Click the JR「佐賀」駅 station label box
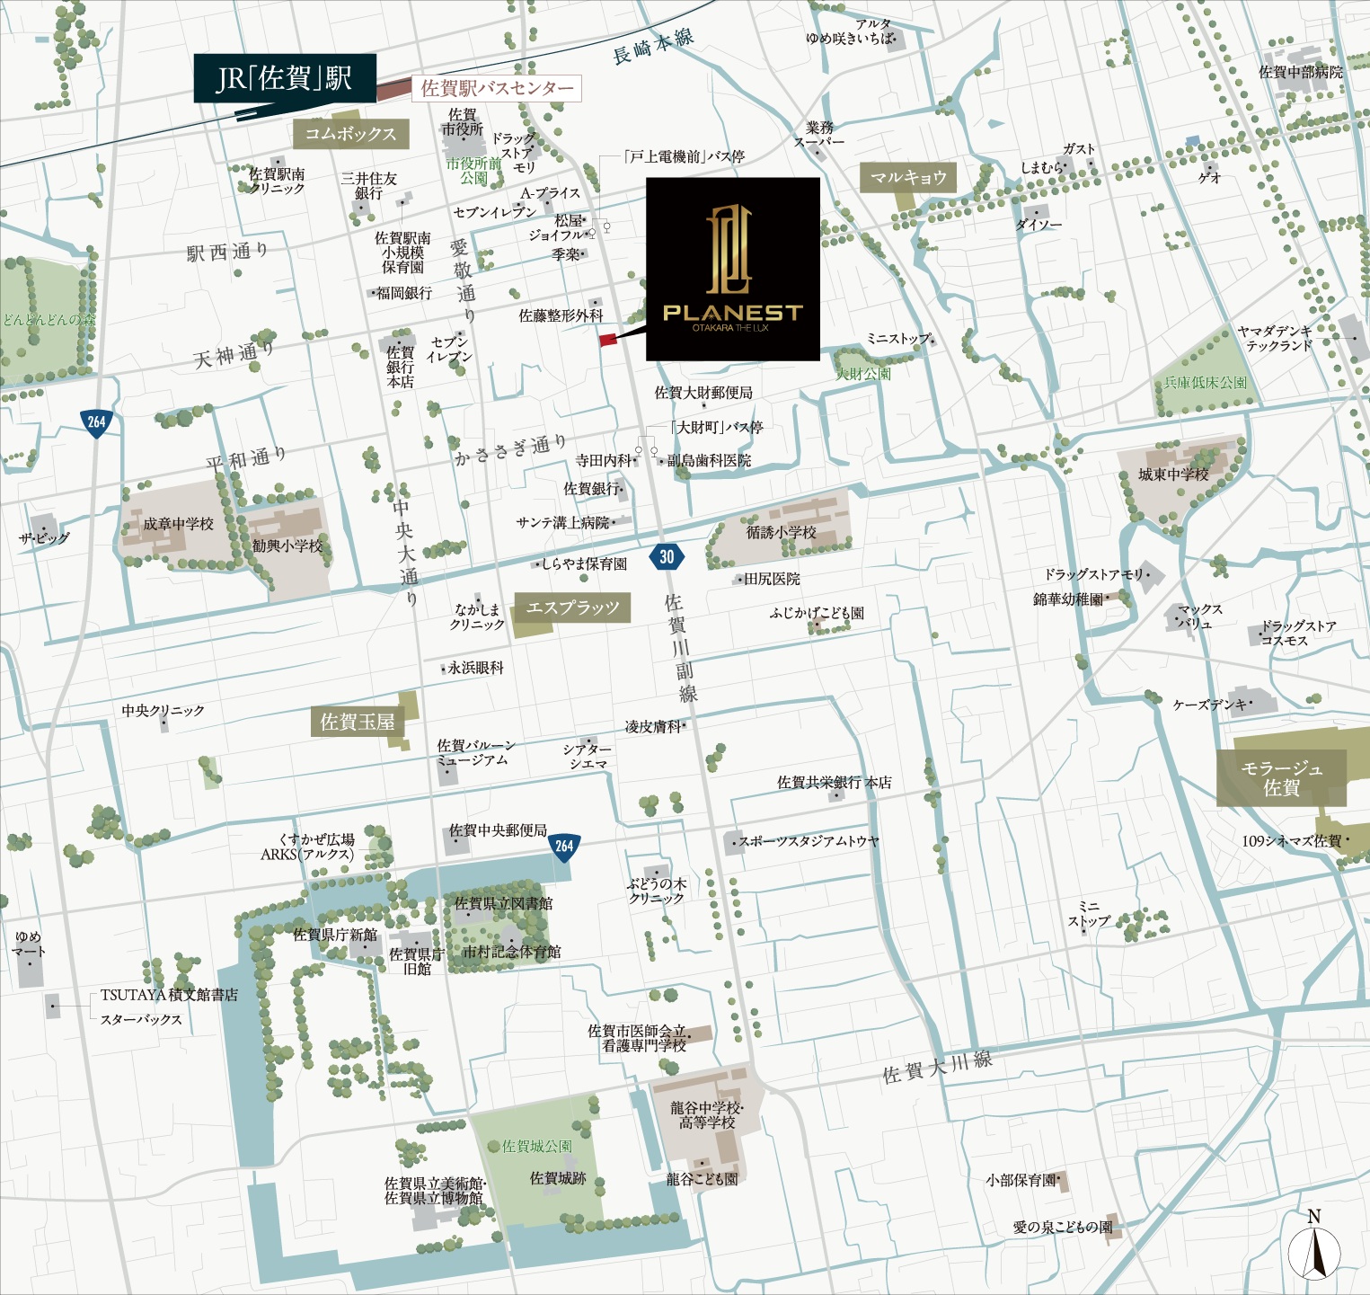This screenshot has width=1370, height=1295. (x=284, y=79)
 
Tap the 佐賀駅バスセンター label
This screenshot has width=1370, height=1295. (x=497, y=88)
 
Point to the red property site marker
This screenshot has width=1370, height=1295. (x=608, y=340)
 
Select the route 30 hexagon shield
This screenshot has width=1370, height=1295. (x=667, y=556)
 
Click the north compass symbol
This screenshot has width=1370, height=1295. (x=1314, y=1249)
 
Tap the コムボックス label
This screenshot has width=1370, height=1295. (x=350, y=134)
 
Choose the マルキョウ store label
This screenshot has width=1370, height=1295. (x=908, y=177)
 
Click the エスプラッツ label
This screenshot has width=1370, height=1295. (x=572, y=608)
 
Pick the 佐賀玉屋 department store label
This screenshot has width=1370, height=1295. (x=358, y=722)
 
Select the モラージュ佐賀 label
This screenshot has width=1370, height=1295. (x=1281, y=778)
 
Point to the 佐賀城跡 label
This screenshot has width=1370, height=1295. (x=557, y=1178)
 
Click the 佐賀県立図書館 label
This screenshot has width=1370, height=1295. (x=503, y=903)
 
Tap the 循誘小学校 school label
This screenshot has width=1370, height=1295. (x=781, y=532)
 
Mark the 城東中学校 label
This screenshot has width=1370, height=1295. (x=1173, y=475)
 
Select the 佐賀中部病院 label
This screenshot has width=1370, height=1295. (x=1300, y=72)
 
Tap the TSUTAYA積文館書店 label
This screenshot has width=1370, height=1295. (x=169, y=995)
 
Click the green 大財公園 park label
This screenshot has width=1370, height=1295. (x=863, y=374)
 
